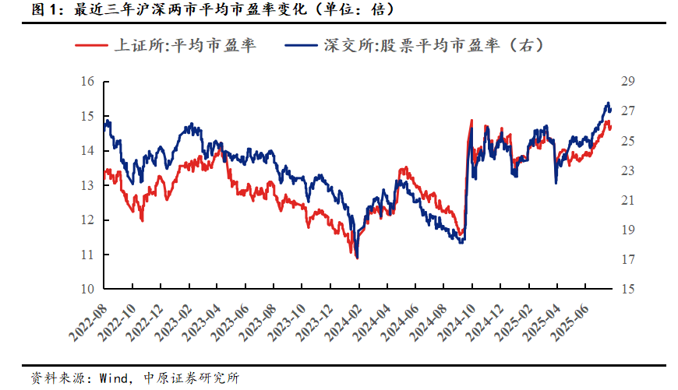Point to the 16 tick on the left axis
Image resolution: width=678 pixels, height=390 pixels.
click(87, 82)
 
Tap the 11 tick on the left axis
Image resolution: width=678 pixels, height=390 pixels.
click(87, 255)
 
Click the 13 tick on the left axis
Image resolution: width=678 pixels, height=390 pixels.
click(87, 185)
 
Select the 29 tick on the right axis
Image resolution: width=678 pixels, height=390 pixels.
click(628, 82)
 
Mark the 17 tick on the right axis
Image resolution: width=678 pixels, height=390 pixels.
click(628, 259)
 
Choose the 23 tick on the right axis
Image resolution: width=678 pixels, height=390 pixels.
click(628, 170)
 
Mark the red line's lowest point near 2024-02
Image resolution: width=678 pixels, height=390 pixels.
click(357, 258)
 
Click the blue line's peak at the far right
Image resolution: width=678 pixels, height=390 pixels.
click(608, 103)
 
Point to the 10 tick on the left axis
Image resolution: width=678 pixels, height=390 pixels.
click(87, 289)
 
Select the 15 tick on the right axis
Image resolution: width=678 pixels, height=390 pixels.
click(628, 289)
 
